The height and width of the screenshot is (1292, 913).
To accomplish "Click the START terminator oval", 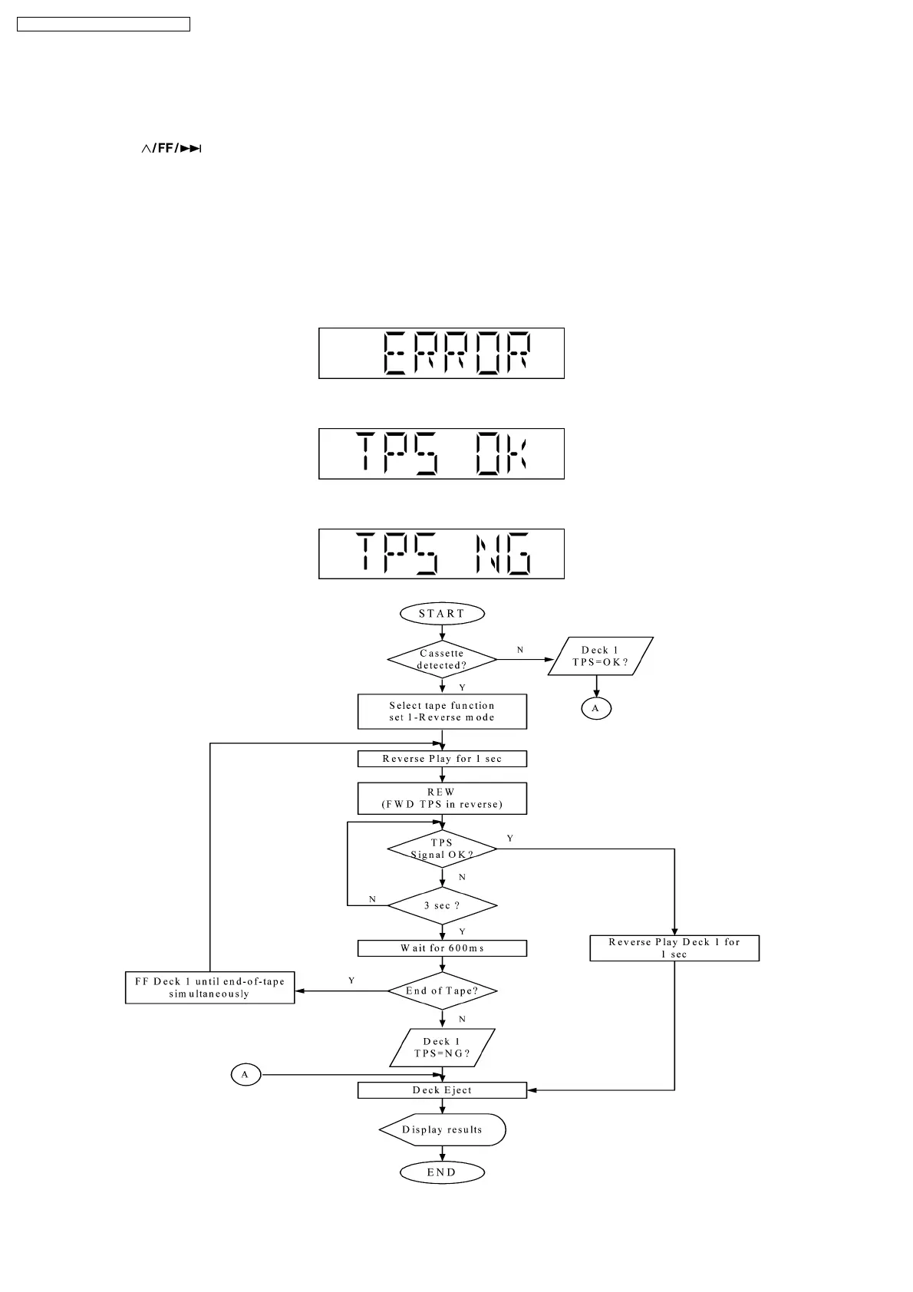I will point(442,614).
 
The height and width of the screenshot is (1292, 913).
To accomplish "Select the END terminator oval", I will point(442,1172).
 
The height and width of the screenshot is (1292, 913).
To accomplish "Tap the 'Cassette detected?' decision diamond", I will point(442,659).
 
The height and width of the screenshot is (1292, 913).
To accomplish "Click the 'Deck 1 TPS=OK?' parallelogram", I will point(600,656).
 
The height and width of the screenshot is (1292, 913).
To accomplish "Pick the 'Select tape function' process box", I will point(442,711).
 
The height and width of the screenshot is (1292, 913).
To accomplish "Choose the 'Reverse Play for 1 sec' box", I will point(442,759).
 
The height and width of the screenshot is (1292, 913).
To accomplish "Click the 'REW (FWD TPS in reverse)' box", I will point(442,798).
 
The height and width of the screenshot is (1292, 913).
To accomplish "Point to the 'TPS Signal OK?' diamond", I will point(442,849).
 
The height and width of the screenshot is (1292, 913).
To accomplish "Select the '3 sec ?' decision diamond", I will point(442,905).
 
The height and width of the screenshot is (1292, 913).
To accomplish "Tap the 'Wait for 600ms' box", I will point(442,948).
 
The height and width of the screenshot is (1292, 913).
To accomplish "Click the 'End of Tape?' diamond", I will point(442,990).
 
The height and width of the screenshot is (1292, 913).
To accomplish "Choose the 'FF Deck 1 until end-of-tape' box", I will point(209,987).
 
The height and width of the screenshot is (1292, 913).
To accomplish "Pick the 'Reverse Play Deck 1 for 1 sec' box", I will point(674,948).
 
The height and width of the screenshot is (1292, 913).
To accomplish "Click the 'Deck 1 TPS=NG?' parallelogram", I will point(442,1047).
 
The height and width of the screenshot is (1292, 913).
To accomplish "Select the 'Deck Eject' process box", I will point(442,1090).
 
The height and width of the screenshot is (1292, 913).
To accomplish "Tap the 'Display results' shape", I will point(442,1129).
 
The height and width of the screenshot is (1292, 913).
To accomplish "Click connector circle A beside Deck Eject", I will point(246,1075).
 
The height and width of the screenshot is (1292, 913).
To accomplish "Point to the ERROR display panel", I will point(441,353).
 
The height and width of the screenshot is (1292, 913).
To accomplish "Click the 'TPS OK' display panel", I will point(441,453).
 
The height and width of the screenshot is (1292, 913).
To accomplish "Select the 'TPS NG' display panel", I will point(441,553).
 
